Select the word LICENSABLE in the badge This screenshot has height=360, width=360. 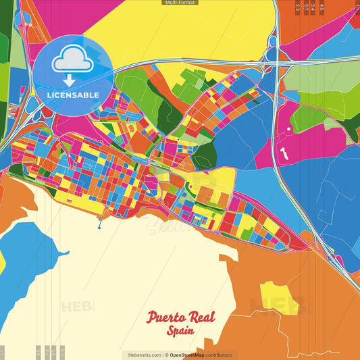(x=72, y=95)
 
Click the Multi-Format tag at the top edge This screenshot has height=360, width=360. (x=180, y=3)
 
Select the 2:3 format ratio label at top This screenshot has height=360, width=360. (x=298, y=7)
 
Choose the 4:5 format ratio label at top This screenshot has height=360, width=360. (x=322, y=7)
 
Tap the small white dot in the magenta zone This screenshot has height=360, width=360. (x=288, y=128)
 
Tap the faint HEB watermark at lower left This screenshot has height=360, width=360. (x=78, y=306)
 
